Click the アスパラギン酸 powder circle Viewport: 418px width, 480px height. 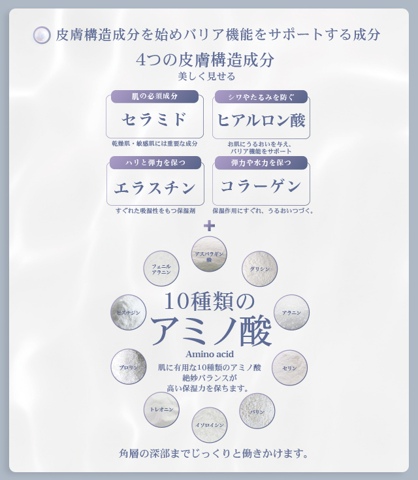click(209, 254)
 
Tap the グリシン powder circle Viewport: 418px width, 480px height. click(259, 268)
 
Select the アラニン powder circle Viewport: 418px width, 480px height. click(291, 312)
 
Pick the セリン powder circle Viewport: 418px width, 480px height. click(289, 368)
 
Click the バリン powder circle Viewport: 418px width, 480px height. click(257, 411)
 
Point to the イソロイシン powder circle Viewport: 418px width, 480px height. click(210, 424)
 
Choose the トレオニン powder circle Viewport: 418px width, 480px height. click(161, 409)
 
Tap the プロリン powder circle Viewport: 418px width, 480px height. click(128, 366)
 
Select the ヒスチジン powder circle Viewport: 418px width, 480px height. click(128, 312)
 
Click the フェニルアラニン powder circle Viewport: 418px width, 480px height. click(161, 268)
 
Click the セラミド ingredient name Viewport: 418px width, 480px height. click(154, 120)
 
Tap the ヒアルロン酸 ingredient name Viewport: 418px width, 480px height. click(261, 120)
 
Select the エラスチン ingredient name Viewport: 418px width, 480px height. click(155, 187)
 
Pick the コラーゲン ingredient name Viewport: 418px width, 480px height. click(261, 186)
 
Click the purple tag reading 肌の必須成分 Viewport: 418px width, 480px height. click(154, 97)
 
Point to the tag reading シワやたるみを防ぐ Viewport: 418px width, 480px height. click(261, 97)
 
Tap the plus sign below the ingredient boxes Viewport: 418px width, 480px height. click(209, 226)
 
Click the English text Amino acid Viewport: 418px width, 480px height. click(209, 354)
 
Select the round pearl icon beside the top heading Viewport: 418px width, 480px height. click(42, 35)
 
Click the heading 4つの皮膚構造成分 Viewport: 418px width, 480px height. click(205, 60)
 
